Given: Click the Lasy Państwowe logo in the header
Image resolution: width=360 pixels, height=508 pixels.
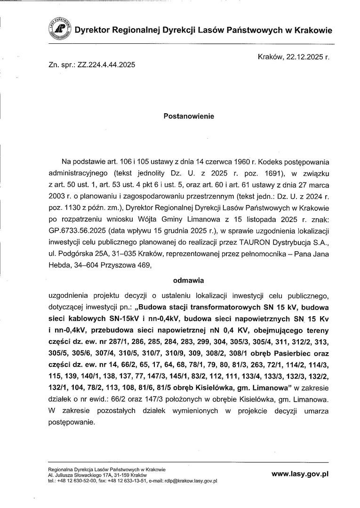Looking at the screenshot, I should pos(60,29).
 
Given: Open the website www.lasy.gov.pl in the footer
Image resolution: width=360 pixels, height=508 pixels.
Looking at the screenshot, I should pos(300,475).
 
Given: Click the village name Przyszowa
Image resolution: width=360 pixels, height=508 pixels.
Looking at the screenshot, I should pos(117,266).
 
